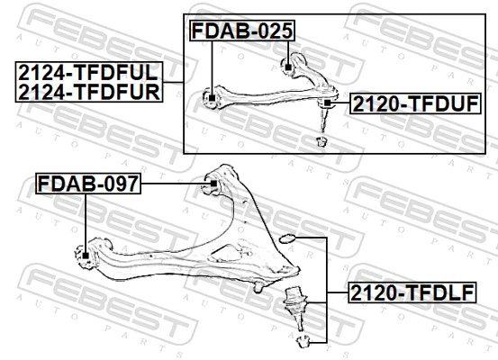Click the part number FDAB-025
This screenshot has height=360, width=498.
(241, 31)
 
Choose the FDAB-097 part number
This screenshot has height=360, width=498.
(87, 184)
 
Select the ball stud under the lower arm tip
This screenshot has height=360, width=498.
(258, 286)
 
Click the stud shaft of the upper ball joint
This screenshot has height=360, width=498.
(325, 120)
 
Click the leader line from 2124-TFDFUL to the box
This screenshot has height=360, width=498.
(173, 81)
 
